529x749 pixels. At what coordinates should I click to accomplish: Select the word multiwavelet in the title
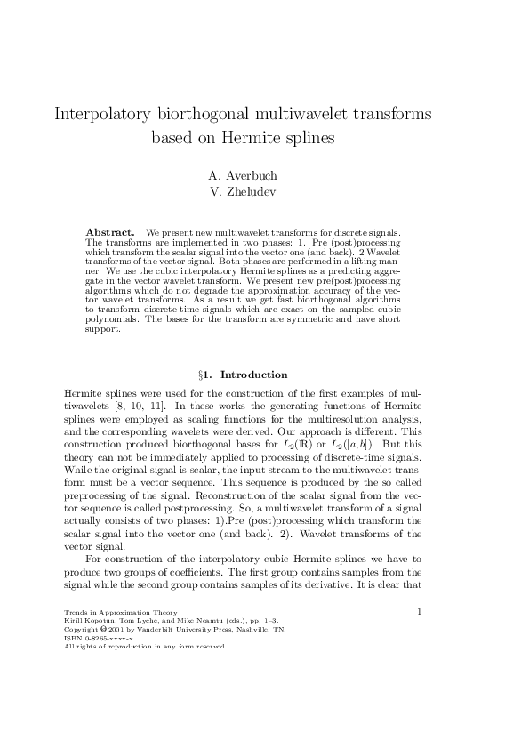[x=300, y=115]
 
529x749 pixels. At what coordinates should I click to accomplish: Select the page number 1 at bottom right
[x=419, y=611]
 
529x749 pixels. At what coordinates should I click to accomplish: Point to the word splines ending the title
[x=309, y=138]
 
